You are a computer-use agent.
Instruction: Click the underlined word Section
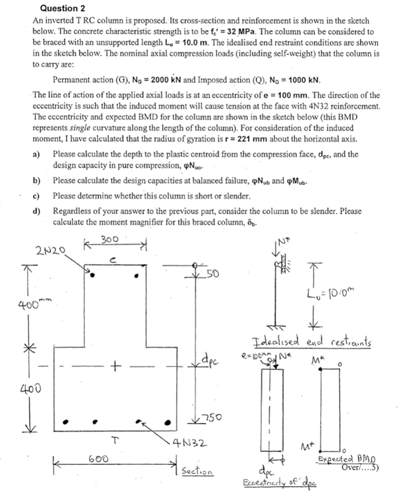pos(198,471)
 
